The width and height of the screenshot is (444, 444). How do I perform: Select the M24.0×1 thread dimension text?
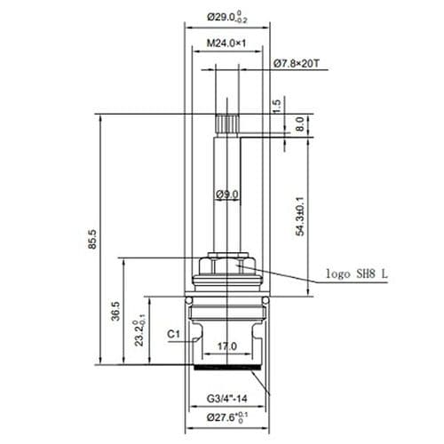(x=226, y=43)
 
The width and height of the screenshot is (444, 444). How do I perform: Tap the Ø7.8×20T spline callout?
(x=299, y=63)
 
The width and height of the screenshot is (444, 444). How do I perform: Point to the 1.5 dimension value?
(x=275, y=105)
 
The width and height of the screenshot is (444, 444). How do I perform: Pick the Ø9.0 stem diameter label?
(x=226, y=194)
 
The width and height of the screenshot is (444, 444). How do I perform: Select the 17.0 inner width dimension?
(x=227, y=346)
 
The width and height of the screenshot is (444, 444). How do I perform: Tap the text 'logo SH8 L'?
(x=354, y=274)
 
